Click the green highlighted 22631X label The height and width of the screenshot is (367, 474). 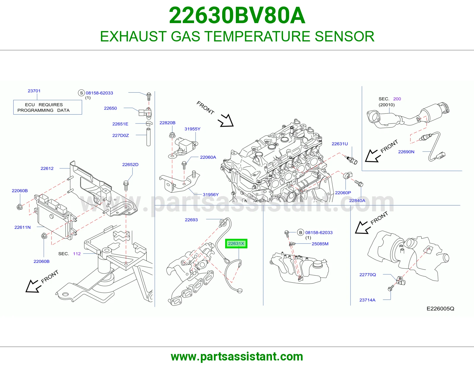(236, 243)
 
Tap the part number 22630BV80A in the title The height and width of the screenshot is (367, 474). (237, 15)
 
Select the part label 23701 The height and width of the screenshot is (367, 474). (34, 91)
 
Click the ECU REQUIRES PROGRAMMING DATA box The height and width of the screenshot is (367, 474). (48, 107)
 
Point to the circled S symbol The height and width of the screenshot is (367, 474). (81, 93)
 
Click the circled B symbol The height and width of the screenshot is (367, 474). (301, 233)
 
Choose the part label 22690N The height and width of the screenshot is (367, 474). (406, 152)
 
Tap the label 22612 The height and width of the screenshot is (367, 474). (47, 168)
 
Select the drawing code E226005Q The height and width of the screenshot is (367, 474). (441, 308)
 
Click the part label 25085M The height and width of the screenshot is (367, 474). (320, 244)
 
